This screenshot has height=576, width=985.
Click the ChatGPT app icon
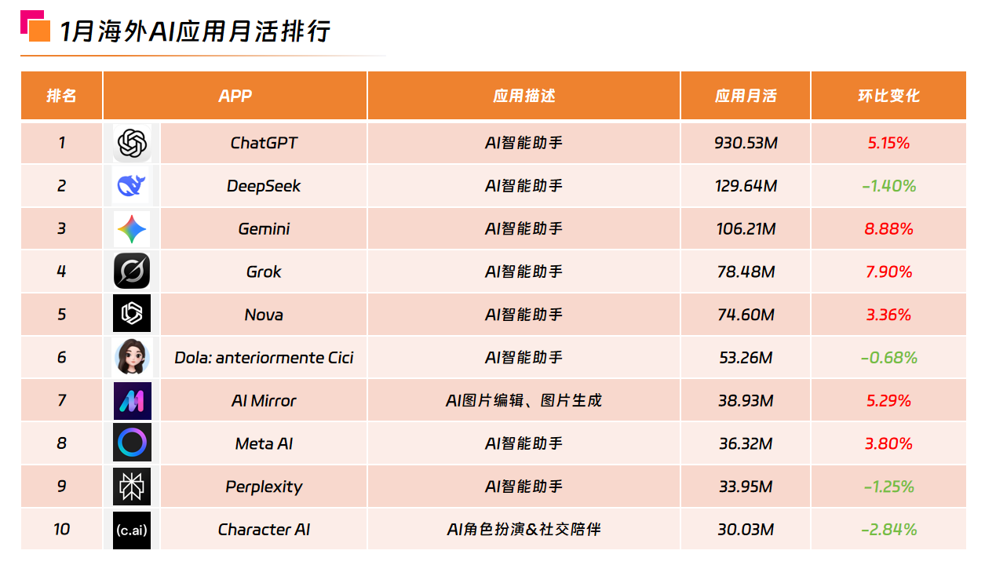[x=132, y=144]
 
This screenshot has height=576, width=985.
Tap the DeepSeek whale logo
[x=131, y=186]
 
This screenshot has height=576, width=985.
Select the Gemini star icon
[x=131, y=229]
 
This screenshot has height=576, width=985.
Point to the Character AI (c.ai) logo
[x=131, y=530]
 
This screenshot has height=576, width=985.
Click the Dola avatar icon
[x=131, y=358]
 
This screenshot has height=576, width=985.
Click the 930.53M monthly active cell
[x=746, y=144]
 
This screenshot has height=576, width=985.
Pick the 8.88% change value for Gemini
[x=888, y=229]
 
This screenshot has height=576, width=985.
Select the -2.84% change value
[x=888, y=530]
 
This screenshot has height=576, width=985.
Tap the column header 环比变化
[x=888, y=96]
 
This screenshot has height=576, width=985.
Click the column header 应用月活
[x=746, y=96]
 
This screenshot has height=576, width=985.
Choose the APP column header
[x=235, y=96]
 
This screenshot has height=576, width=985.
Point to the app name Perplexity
[x=264, y=487]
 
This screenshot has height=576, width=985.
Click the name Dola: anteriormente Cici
[x=264, y=358]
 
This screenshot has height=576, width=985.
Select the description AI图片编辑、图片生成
[x=524, y=401]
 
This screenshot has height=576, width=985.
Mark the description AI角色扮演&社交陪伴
[x=524, y=530]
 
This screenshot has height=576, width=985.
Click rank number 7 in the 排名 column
[x=62, y=401]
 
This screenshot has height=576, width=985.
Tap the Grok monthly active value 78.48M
[x=746, y=272]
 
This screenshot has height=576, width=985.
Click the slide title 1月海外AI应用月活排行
[x=195, y=31]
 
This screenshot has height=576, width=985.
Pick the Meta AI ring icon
[x=131, y=443]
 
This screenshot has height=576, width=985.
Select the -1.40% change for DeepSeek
[x=888, y=186]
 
